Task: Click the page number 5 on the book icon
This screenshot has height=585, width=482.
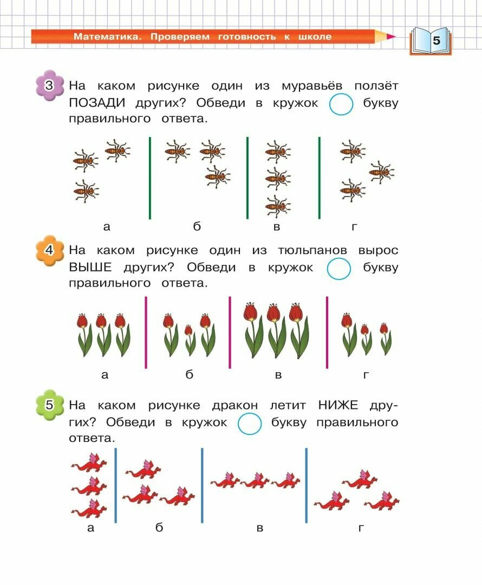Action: tap(436, 41)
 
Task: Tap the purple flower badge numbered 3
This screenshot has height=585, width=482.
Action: tap(49, 86)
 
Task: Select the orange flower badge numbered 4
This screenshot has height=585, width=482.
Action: tap(49, 251)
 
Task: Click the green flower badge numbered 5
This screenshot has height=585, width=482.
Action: tap(49, 405)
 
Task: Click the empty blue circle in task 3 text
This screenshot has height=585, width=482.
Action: tap(341, 105)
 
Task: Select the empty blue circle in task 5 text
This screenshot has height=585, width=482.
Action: tap(250, 424)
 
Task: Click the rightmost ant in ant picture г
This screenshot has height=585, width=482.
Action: tap(382, 172)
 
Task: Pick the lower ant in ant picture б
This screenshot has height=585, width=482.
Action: tap(217, 175)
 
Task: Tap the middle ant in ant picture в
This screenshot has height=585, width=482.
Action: tap(278, 178)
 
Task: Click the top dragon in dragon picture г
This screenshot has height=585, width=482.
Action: tap(360, 479)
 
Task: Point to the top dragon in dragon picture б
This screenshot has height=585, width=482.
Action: tap(144, 469)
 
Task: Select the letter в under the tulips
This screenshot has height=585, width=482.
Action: tap(278, 375)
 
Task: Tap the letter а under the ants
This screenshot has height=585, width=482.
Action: tap(106, 227)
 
